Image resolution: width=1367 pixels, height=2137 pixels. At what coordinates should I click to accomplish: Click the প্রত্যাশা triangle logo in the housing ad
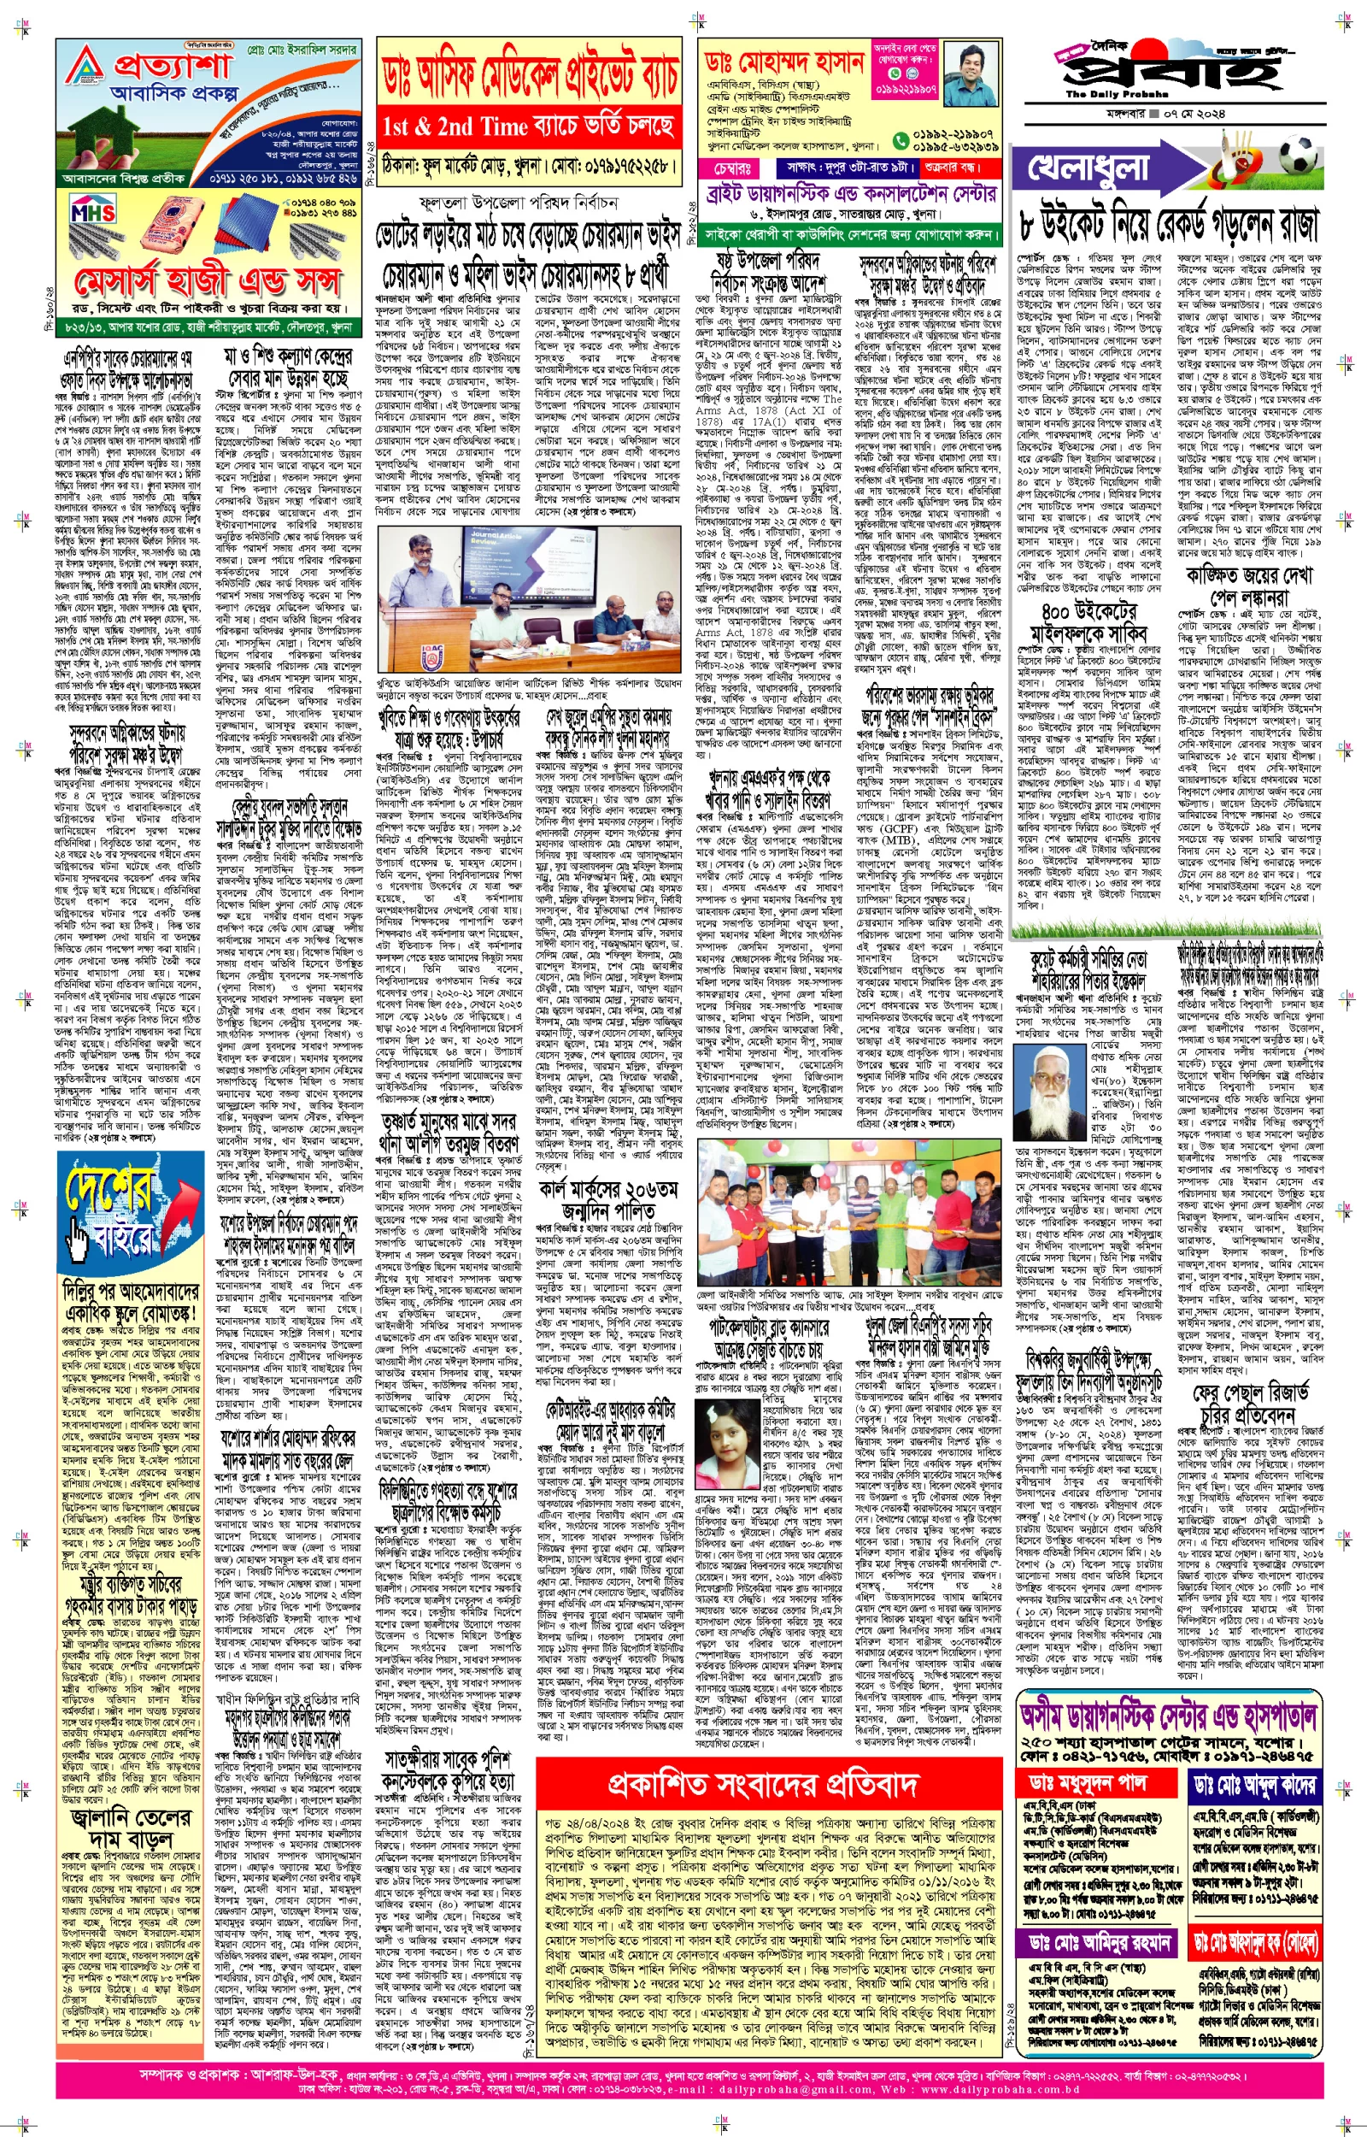tap(85, 67)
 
